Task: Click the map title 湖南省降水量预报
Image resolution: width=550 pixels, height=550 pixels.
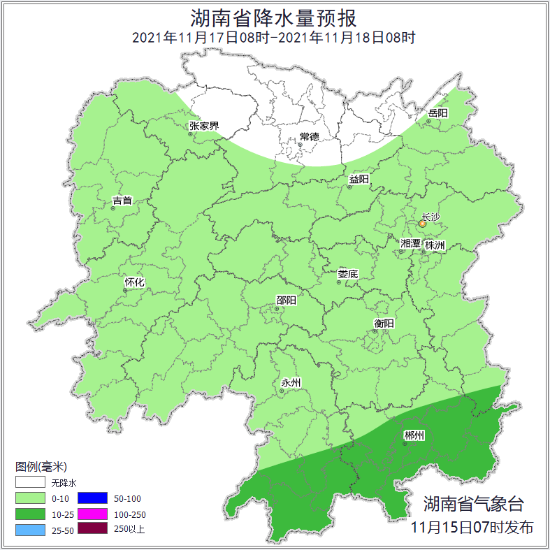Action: [274, 17]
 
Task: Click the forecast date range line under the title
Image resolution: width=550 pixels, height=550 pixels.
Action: [274, 38]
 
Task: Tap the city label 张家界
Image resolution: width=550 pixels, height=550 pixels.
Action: [203, 126]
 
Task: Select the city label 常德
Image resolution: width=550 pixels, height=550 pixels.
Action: [309, 136]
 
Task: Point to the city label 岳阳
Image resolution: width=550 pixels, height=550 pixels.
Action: [437, 113]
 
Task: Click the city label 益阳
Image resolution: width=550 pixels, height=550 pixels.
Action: [359, 180]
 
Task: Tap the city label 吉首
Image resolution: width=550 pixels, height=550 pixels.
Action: [122, 201]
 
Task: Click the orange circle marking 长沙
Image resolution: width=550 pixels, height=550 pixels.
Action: [422, 224]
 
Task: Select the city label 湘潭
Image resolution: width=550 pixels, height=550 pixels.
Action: [410, 244]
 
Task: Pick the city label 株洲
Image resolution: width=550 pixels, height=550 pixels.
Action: [435, 245]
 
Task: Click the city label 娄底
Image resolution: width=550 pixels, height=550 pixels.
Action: [347, 274]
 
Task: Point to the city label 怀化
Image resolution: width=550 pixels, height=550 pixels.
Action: [134, 282]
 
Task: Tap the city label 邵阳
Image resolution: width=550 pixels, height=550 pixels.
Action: [286, 301]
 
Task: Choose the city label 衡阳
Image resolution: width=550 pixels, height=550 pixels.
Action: [384, 323]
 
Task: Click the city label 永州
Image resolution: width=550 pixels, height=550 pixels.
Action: [291, 382]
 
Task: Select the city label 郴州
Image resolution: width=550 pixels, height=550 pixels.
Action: [414, 436]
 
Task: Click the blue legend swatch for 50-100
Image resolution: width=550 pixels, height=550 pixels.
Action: [92, 498]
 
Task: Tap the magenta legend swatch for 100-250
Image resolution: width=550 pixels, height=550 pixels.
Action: [92, 514]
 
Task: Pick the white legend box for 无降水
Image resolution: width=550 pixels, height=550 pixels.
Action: [30, 483]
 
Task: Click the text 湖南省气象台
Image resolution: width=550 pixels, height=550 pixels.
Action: [473, 504]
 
